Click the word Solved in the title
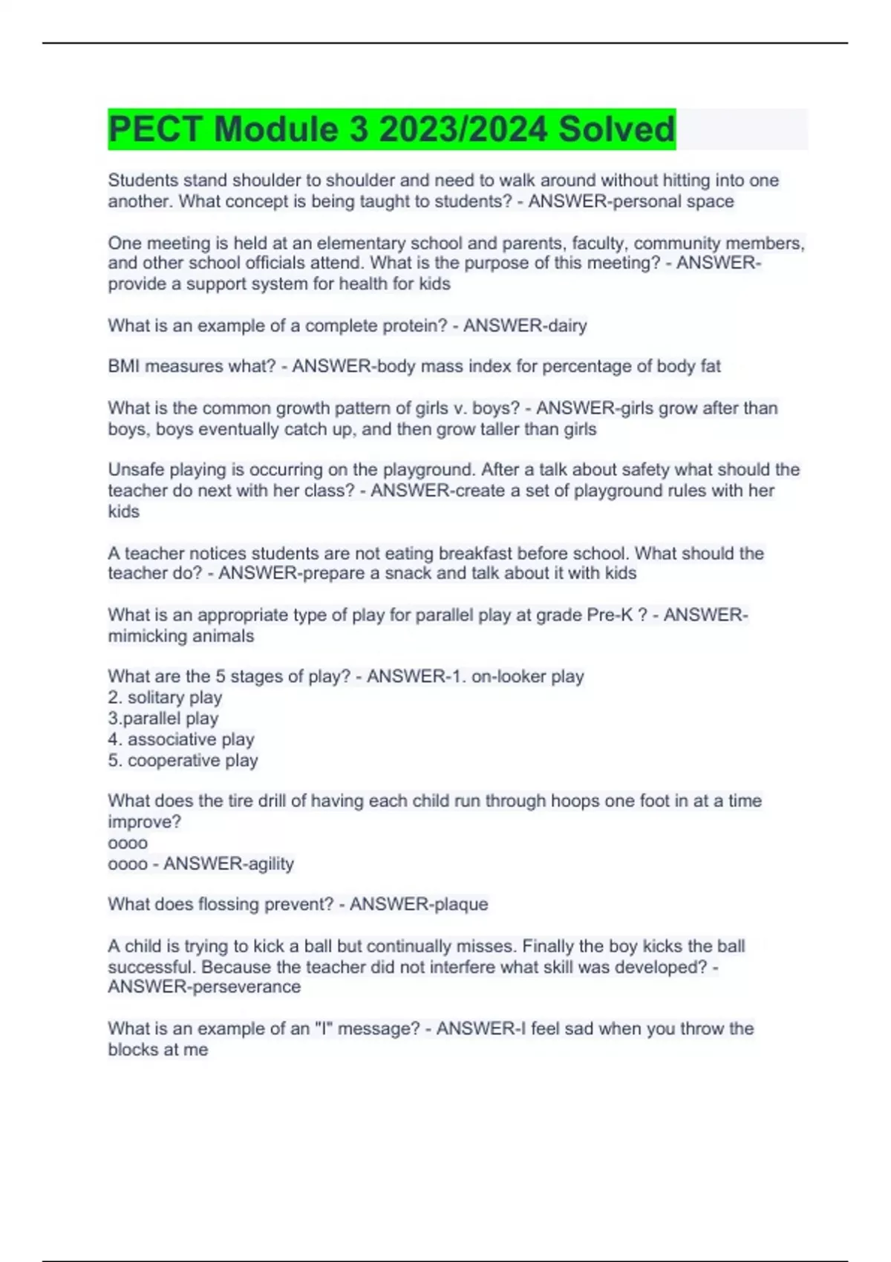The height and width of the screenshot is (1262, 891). (x=616, y=129)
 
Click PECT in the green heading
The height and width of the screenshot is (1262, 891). (x=155, y=129)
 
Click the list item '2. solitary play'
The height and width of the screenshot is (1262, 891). (x=165, y=698)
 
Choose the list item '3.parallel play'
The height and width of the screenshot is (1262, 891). (x=163, y=719)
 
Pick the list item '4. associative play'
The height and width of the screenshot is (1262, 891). (x=181, y=739)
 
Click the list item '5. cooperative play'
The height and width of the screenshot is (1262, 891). (x=183, y=761)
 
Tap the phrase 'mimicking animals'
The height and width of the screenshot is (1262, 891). (x=181, y=636)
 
